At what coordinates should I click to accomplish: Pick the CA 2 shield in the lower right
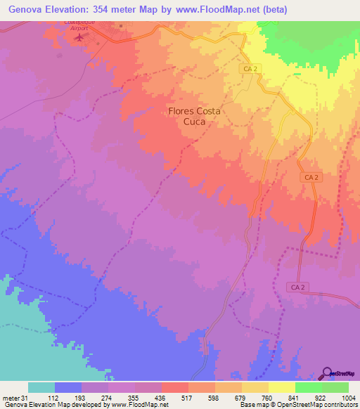(298, 287)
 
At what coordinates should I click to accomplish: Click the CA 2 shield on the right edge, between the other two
(309, 180)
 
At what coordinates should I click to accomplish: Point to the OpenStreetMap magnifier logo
(327, 372)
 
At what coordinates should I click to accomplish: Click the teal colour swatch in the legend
(41, 387)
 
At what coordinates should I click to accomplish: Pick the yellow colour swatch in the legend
(282, 387)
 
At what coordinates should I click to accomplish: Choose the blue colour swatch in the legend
(68, 387)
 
